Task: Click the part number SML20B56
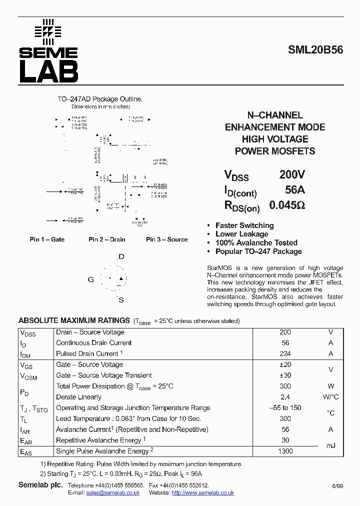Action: (x=315, y=50)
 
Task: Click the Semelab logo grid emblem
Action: (x=48, y=31)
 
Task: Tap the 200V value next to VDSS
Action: (x=291, y=175)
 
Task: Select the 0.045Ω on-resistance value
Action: (x=287, y=205)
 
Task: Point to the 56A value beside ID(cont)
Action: (x=294, y=190)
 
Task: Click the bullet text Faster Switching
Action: (x=244, y=225)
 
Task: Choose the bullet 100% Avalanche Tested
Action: (x=256, y=243)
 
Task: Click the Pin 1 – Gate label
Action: (x=47, y=239)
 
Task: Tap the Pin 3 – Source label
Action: (x=166, y=239)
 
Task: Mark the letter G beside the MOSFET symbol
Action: (x=91, y=279)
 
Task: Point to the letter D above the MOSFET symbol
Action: (x=121, y=257)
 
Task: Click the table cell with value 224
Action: (x=285, y=354)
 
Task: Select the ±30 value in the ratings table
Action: (x=285, y=375)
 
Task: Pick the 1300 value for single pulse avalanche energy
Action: (x=285, y=451)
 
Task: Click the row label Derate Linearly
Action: (x=78, y=397)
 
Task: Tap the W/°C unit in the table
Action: (x=330, y=397)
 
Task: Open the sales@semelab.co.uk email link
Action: (x=113, y=493)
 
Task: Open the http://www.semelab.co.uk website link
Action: (x=202, y=493)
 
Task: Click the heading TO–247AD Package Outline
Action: (x=100, y=99)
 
